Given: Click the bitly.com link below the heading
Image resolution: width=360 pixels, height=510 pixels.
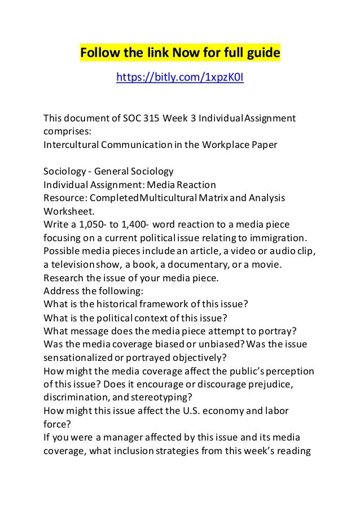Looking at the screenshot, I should [179, 77].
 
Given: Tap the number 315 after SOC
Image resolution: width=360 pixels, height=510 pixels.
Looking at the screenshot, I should [150, 118].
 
